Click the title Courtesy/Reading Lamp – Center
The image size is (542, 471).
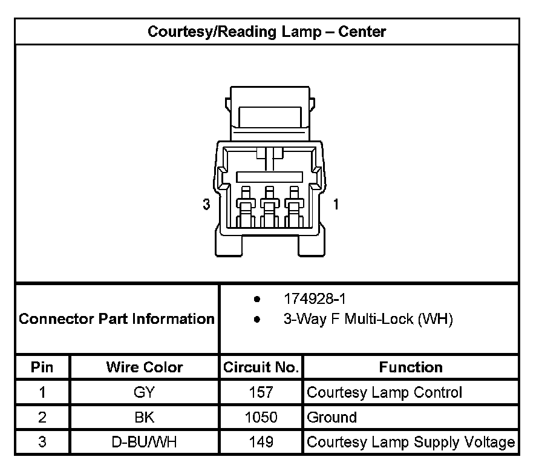[267, 31]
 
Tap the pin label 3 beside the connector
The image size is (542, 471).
[206, 205]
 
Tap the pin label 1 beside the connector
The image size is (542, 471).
[336, 205]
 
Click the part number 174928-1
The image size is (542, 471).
[315, 299]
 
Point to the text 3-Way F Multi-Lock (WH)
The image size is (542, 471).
[368, 319]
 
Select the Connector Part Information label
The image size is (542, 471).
[117, 319]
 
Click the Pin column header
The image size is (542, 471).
[42, 367]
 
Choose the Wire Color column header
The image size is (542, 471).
[144, 367]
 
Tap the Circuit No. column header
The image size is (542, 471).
[261, 367]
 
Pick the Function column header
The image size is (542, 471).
[411, 367]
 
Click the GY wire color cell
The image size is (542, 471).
[144, 392]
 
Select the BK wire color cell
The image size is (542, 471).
[144, 417]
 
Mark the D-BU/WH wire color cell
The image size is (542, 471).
[144, 442]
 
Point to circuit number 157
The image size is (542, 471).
[261, 392]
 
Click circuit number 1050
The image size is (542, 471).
[261, 417]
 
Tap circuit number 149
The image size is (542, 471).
[261, 442]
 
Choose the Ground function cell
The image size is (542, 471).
[332, 417]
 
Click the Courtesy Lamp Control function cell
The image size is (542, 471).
[385, 392]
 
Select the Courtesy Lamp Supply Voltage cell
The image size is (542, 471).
[411, 442]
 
